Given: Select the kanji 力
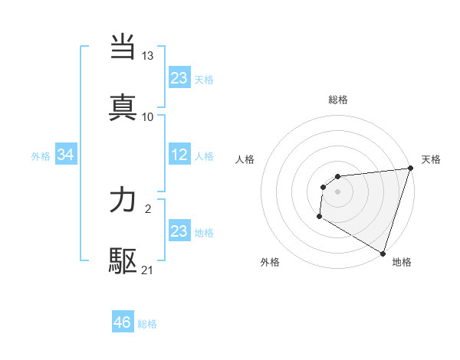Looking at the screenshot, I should (x=123, y=201).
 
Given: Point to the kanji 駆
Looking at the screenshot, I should (x=123, y=261).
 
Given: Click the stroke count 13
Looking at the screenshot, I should (x=148, y=56).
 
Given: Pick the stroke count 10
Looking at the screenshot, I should (x=148, y=116).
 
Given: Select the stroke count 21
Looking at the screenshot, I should (x=148, y=270).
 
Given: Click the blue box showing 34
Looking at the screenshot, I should (x=66, y=155).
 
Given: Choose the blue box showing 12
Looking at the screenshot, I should (x=179, y=155).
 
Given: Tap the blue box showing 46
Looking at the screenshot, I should (x=123, y=322).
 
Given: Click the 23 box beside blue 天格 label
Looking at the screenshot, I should (x=179, y=78).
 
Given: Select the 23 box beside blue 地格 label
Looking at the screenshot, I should (x=179, y=231).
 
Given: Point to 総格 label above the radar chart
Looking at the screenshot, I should (x=338, y=100).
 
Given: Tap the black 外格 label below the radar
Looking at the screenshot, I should (x=270, y=262).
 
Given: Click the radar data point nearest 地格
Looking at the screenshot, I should (x=383, y=253).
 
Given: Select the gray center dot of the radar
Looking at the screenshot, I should (x=338, y=191).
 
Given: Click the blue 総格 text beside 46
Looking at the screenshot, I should (x=147, y=324).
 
